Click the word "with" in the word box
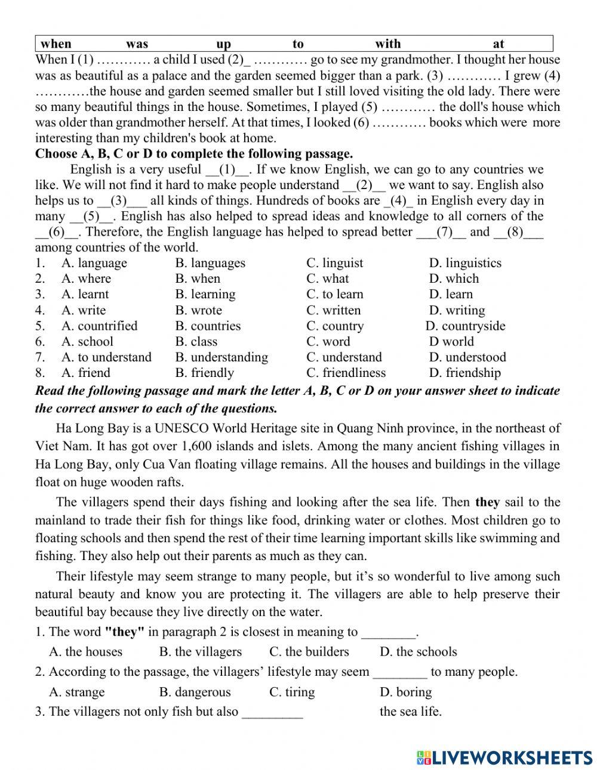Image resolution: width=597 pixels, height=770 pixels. click(387, 44)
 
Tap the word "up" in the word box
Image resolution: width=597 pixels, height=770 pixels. click(223, 44)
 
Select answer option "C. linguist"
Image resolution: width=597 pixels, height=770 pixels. click(334, 263)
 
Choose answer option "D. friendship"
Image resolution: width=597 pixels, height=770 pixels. click(464, 373)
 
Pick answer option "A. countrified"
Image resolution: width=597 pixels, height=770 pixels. click(99, 326)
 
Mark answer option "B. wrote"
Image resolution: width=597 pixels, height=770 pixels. click(198, 310)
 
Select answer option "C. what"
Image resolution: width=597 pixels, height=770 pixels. click(327, 279)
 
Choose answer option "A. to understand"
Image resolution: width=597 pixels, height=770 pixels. click(106, 357)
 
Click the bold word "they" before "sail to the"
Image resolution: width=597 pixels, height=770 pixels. click(487, 502)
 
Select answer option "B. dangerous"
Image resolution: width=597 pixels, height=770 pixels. click(195, 692)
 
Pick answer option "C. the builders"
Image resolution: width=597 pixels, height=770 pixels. click(309, 652)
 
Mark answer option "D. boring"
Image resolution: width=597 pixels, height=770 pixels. click(405, 692)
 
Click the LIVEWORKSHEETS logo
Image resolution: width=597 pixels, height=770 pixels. click(504, 757)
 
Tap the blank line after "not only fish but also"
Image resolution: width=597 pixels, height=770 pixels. click(272, 712)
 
